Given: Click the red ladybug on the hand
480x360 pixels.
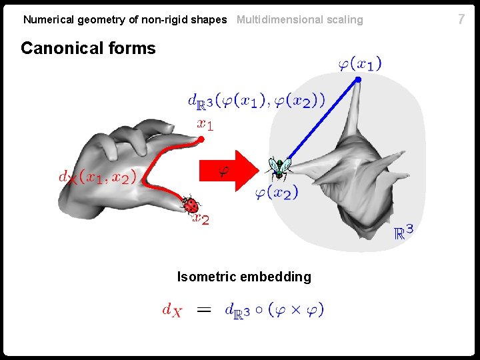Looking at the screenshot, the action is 191,205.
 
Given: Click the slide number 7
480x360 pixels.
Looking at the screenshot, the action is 461,19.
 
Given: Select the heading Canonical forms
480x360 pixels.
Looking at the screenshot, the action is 88,49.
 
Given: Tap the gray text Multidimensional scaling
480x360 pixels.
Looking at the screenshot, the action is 300,20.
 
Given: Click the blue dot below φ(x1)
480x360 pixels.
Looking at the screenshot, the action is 358,79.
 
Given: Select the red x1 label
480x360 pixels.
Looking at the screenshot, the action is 205,124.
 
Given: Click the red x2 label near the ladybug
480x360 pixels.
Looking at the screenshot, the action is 201,219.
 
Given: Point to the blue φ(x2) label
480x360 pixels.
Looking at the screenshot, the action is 277,193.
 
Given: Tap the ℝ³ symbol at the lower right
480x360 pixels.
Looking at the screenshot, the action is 403,232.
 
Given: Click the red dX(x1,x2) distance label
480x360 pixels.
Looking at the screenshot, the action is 97,177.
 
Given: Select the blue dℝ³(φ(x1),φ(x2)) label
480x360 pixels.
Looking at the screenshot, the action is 257,101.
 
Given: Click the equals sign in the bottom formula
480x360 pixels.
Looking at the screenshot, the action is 205,309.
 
